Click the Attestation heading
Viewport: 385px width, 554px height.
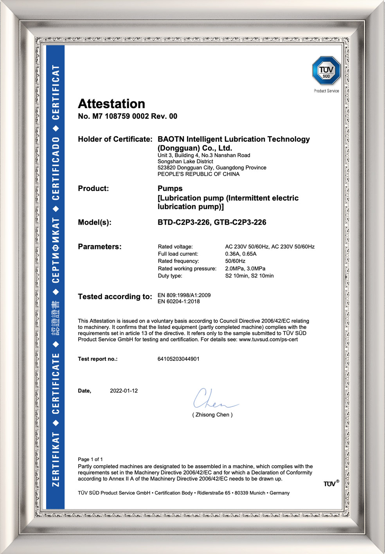pos(112,104)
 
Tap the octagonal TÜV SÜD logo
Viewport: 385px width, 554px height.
pos(326,71)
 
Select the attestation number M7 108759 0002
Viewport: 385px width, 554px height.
pos(121,116)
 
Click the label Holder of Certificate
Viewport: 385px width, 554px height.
pos(115,139)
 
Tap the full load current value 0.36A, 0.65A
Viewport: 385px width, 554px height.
pos(241,254)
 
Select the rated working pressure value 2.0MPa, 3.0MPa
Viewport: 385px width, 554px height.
pos(245,269)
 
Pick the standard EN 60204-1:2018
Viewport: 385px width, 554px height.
pos(178,301)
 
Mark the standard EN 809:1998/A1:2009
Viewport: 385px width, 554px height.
pos(184,295)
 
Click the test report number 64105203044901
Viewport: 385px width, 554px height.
pos(178,359)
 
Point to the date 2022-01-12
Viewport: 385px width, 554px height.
pos(124,391)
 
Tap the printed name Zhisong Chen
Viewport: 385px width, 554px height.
pos(212,415)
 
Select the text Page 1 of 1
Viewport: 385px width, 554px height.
pos(90,459)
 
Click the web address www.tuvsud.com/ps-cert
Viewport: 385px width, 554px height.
pos(268,339)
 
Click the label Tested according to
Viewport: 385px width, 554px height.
pos(115,297)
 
